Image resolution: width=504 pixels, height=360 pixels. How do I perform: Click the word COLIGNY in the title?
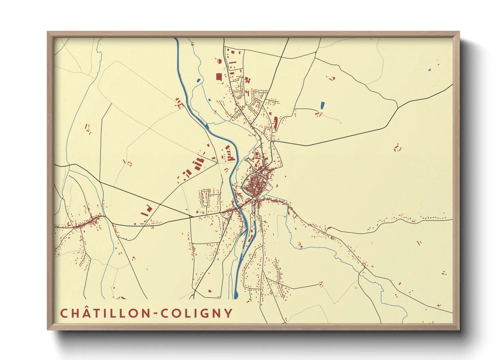[197, 313]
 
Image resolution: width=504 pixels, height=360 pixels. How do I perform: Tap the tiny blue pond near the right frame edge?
[429, 70]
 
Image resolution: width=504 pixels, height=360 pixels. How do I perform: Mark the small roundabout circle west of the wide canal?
[217, 163]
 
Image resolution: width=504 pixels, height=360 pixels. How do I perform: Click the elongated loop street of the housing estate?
[205, 198]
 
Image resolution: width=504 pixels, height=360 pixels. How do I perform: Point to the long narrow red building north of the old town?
[276, 124]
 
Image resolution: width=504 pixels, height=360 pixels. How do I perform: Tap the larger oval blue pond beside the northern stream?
[198, 81]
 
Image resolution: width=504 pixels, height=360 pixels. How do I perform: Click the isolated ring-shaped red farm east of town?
[397, 148]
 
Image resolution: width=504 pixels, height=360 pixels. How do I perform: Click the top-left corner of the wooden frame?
[48, 32]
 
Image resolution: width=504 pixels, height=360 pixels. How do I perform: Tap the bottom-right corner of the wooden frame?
[459, 329]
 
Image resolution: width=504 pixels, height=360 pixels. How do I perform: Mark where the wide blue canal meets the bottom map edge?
[236, 298]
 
